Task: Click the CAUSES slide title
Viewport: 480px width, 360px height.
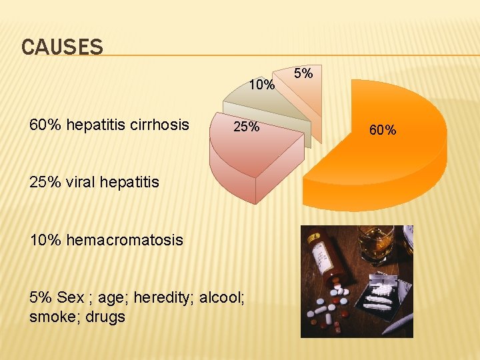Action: coord(62,47)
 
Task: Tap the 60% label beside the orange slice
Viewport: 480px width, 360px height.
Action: coord(383,130)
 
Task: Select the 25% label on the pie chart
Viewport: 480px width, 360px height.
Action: coord(245,127)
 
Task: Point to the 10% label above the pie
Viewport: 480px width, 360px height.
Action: coord(261,85)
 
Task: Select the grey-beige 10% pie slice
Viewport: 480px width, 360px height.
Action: coord(267,107)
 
